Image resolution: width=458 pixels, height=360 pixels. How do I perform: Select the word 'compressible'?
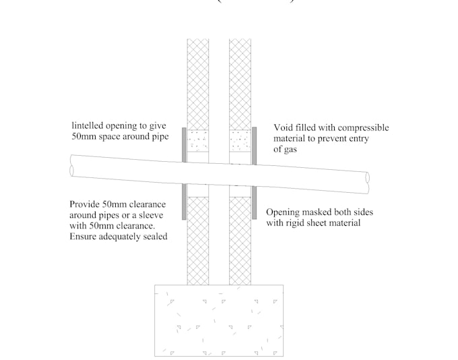pyautogui.click(x=363, y=127)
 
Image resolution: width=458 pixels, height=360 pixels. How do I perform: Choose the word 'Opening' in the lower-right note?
pyautogui.click(x=285, y=212)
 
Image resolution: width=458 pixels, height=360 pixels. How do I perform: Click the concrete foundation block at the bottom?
pyautogui.click(x=218, y=320)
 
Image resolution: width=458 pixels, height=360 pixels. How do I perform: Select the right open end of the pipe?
pyautogui.click(x=366, y=178)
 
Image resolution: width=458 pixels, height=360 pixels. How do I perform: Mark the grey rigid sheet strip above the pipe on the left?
pyautogui.click(x=184, y=144)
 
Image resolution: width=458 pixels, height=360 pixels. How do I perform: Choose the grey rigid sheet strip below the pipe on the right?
pyautogui.click(x=255, y=204)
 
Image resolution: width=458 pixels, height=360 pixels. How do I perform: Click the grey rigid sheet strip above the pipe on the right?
pyautogui.click(x=255, y=146)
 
